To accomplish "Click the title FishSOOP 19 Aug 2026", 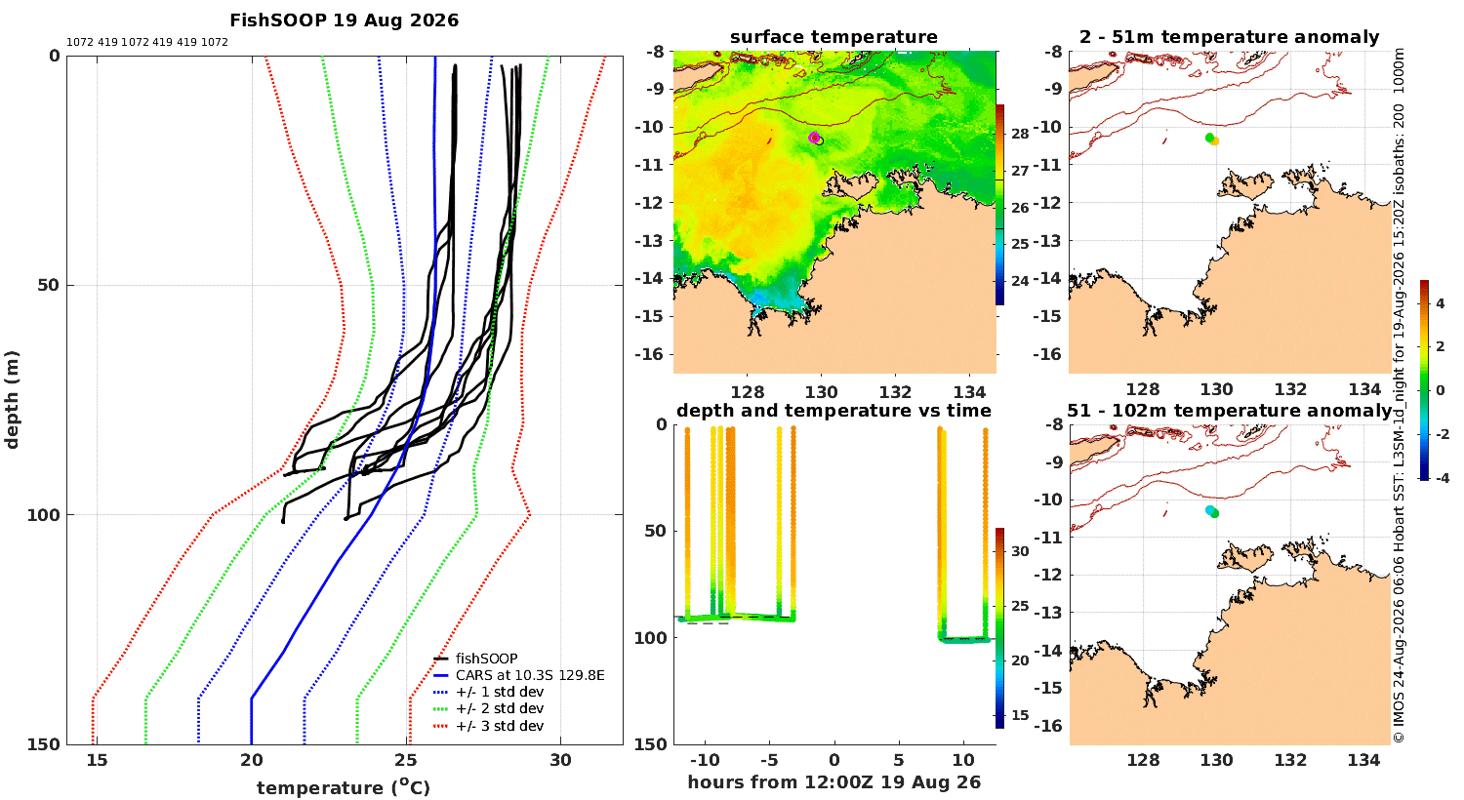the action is coord(344,20).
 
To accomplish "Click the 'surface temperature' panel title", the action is coord(834,37).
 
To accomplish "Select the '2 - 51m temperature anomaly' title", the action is coord(1230,37).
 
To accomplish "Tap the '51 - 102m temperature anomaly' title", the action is coord(1230,411).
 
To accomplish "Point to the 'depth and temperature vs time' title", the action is coord(834,411).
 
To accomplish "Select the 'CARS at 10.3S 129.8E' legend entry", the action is coord(519,674).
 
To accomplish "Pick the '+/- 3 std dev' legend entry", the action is coord(489,726).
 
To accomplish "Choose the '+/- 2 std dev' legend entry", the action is coord(489,708).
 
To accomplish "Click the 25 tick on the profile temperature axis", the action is coord(406,760).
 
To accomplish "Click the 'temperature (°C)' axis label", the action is coord(344,787).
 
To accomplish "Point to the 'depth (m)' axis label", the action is coord(12,400).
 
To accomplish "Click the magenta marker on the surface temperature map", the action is coord(814,138).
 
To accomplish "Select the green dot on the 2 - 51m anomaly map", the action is coord(1210,138).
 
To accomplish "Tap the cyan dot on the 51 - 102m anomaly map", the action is coord(1210,510).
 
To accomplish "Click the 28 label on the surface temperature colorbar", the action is coord(1020,134).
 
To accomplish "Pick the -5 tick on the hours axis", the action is coord(769,760).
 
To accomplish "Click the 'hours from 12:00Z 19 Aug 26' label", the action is coord(834,782).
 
